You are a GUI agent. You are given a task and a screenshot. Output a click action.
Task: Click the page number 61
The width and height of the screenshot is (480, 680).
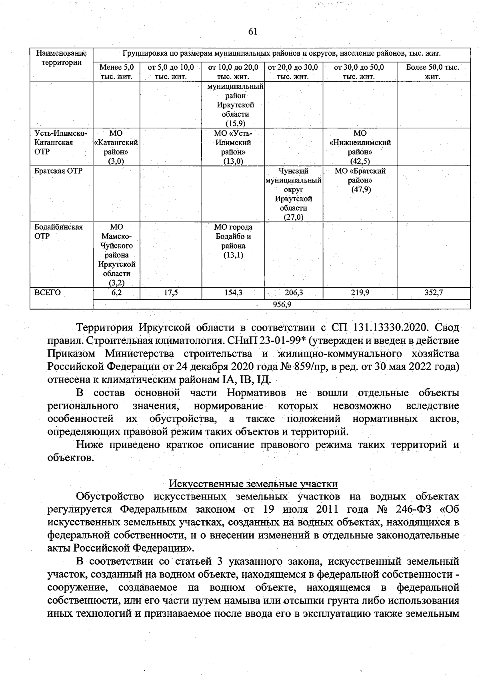pos(252,32)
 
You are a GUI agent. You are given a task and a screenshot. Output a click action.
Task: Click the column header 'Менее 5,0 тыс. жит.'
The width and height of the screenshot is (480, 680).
pos(116,72)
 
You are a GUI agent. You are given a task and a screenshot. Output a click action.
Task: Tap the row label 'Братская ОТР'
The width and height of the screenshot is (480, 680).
pos(58,171)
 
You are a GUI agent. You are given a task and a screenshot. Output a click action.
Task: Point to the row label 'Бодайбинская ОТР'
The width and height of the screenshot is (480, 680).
pos(58,231)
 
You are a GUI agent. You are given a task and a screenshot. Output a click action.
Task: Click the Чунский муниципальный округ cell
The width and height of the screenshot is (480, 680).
pos(294,194)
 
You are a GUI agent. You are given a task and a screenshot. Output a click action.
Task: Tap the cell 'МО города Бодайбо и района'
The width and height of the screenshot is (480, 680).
pos(233,241)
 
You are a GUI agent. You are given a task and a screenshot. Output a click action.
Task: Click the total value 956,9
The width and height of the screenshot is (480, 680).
pos(282,305)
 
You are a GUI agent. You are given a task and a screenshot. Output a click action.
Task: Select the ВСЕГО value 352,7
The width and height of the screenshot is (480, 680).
pos(433,293)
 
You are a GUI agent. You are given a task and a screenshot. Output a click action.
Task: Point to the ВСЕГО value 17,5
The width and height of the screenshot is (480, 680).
pos(171,293)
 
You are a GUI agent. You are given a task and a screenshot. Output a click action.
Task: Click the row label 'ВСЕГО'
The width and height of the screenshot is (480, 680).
pos(48,293)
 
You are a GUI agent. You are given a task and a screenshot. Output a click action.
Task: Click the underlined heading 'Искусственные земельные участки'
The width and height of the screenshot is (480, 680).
pos(253,484)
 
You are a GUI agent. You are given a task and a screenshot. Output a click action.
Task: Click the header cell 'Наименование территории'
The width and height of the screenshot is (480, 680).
pos(61,58)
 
